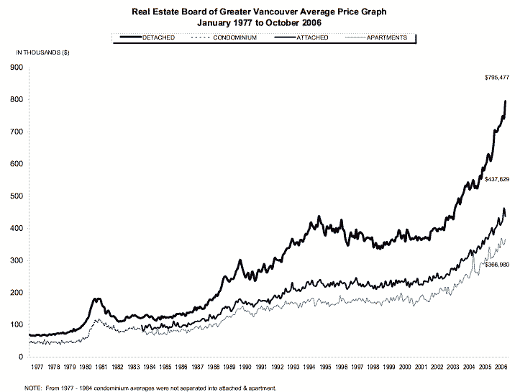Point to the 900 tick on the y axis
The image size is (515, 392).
18,68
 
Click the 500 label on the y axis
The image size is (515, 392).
18,196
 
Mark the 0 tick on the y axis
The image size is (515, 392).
22,357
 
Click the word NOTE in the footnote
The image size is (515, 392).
33,387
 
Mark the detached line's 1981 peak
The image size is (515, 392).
98,298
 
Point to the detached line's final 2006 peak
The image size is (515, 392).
506,101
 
